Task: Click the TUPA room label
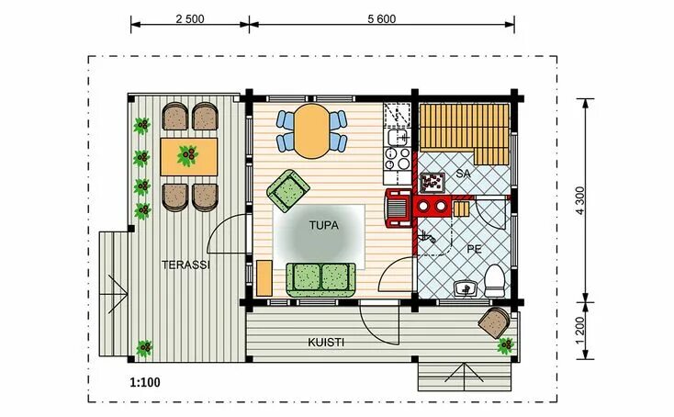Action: tap(322, 224)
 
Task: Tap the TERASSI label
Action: tap(185, 265)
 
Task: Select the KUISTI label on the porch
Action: tap(326, 343)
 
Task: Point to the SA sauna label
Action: tap(464, 173)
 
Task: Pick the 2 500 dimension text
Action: tap(189, 19)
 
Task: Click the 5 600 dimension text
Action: tap(380, 19)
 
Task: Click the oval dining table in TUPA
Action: tap(312, 130)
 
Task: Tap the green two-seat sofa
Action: tap(320, 278)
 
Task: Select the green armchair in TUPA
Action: tap(286, 189)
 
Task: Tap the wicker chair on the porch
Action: tap(496, 322)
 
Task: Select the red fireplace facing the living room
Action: tap(399, 208)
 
